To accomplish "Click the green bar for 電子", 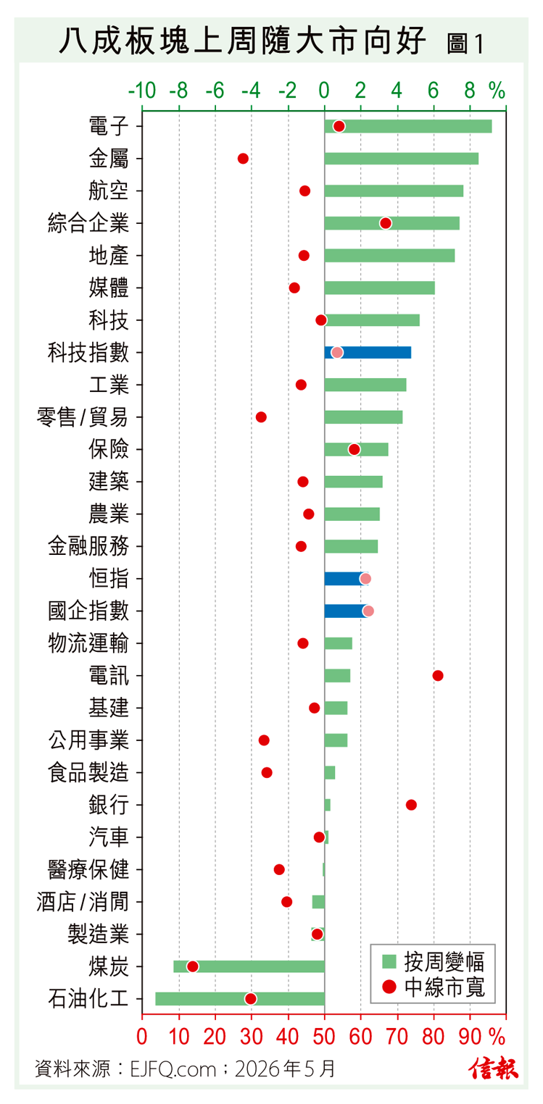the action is click(408, 126).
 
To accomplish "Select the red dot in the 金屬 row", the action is click(243, 159).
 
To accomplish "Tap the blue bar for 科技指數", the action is click(368, 352).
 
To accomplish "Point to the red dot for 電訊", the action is click(437, 676).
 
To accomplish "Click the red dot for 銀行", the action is click(411, 805).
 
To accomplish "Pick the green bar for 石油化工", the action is click(240, 999).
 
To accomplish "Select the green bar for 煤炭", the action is click(249, 966).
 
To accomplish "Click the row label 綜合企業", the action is click(88, 223).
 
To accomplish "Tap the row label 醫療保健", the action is click(88, 870).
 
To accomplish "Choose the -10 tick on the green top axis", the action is click(142, 91).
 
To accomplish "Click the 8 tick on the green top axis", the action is click(470, 91).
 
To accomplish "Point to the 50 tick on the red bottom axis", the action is click(324, 1037).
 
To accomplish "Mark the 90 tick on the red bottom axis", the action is click(470, 1037).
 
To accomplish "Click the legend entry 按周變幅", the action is click(433, 961).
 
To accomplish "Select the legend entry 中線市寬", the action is click(433, 987).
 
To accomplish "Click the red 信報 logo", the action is click(494, 1069).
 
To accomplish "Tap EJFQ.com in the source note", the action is click(173, 1069).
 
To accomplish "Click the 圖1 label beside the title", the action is click(465, 44).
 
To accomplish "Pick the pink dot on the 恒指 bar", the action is click(365, 579).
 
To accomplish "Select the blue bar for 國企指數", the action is click(347, 611).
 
